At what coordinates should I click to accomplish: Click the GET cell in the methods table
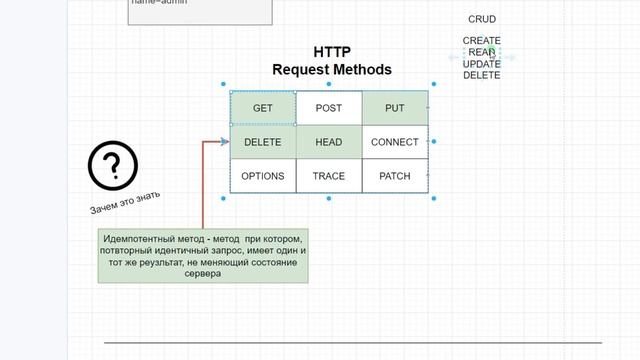click(263, 108)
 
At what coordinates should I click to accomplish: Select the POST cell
click(329, 108)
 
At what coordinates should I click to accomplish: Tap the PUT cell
click(394, 108)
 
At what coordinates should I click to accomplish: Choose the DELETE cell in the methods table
click(263, 142)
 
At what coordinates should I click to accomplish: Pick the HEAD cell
click(329, 142)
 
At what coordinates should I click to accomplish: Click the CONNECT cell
click(394, 142)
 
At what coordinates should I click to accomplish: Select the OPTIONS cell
click(263, 176)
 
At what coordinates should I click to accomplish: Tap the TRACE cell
click(329, 176)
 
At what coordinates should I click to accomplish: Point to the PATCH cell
click(394, 176)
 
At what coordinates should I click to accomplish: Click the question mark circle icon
click(112, 166)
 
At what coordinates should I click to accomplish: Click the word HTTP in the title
click(332, 52)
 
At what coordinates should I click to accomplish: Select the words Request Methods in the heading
click(332, 70)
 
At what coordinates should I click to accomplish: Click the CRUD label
click(482, 19)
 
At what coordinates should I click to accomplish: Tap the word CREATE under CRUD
click(482, 41)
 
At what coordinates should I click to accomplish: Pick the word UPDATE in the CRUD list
click(482, 63)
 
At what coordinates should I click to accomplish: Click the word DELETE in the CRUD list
click(482, 75)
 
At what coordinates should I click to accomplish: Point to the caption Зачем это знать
click(125, 203)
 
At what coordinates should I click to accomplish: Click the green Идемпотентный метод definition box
click(203, 256)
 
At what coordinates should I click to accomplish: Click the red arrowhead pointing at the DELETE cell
click(225, 142)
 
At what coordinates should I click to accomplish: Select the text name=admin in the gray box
click(159, 3)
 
